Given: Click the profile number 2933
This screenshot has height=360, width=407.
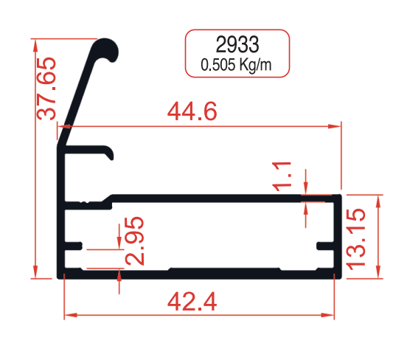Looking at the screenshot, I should (x=237, y=43).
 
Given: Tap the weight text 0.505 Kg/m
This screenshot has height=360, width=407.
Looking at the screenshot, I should (x=237, y=65).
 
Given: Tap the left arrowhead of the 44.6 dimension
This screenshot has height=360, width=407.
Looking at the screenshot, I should (x=62, y=127).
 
